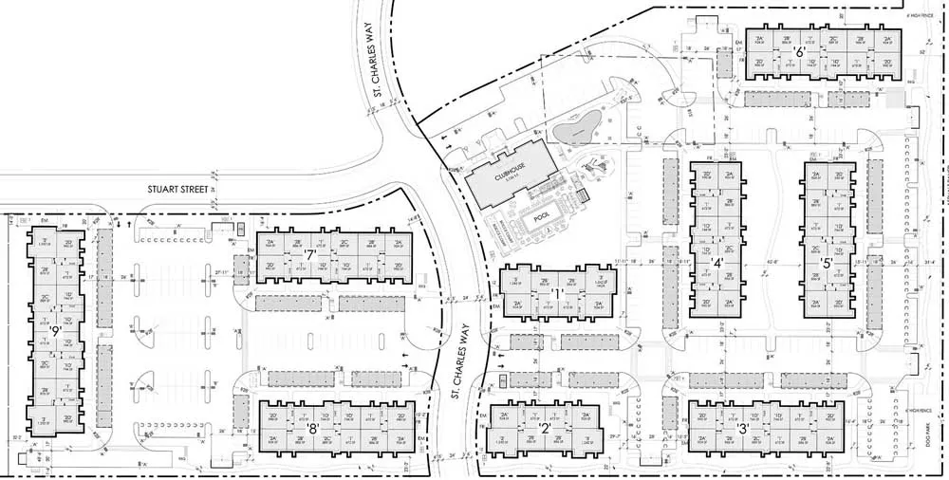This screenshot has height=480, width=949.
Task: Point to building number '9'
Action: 56,331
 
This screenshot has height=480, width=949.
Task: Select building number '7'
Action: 309,255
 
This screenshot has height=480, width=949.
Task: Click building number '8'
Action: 312,426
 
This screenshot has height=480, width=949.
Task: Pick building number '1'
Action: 557,294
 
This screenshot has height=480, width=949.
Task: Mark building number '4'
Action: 717,263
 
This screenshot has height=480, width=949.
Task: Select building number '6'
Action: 800,53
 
